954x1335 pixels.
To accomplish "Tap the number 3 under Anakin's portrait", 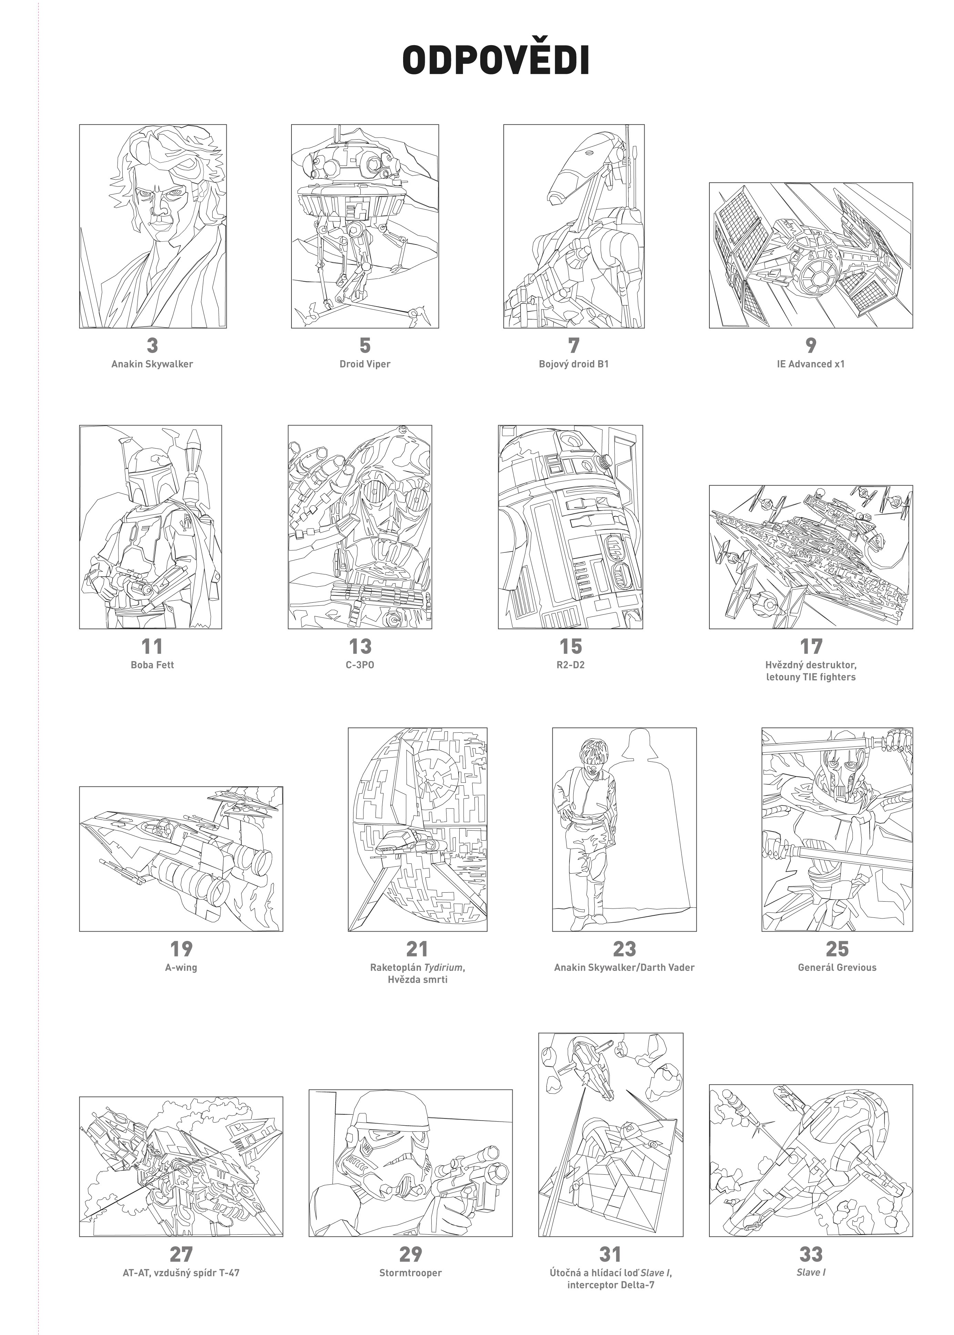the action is click(153, 345).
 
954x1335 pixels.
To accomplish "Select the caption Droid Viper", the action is click(365, 364).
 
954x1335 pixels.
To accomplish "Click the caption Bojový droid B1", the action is click(574, 364).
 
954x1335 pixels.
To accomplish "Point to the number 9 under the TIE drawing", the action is click(811, 345).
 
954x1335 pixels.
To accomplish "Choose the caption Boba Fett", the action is click(152, 665).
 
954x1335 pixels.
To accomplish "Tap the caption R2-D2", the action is click(571, 665).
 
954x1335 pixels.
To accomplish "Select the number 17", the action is click(811, 646).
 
